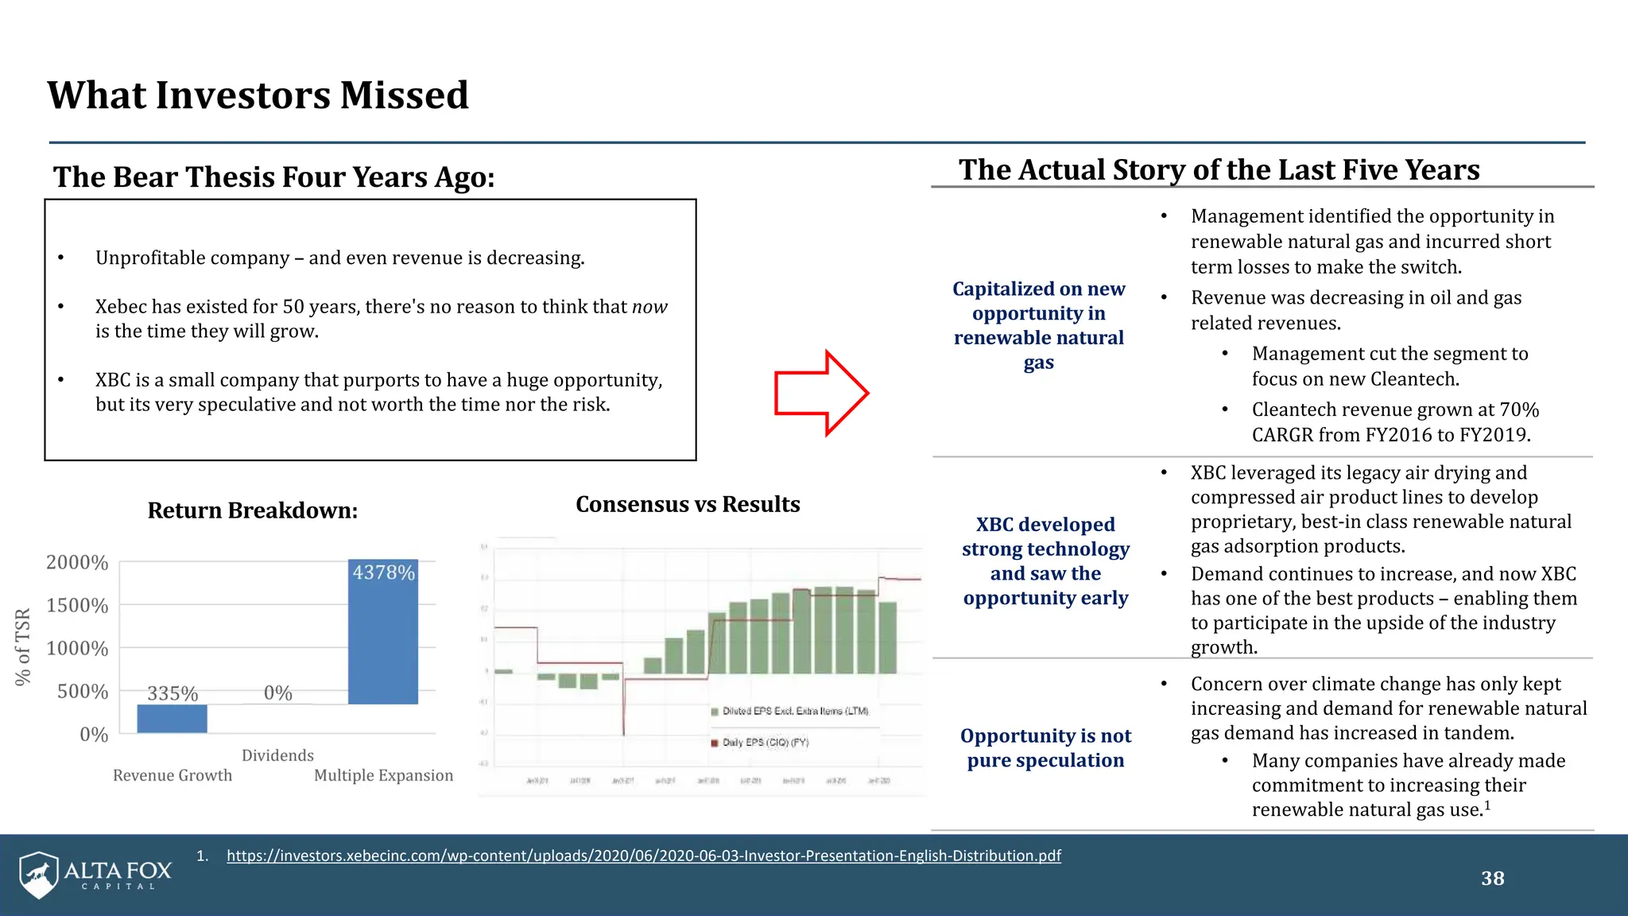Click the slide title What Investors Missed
(x=258, y=95)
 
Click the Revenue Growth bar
(x=172, y=718)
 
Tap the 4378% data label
(x=383, y=572)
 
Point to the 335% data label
(x=172, y=693)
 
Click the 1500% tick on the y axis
(x=77, y=606)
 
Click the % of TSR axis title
(x=23, y=646)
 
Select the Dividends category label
(x=277, y=755)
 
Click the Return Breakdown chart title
(x=253, y=510)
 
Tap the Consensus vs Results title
(x=688, y=504)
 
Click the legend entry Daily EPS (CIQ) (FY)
(x=765, y=743)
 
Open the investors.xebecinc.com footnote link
(x=643, y=856)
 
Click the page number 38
(x=1492, y=879)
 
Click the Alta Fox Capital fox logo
(x=39, y=875)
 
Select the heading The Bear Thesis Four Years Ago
(x=273, y=177)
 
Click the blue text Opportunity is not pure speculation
(x=1045, y=748)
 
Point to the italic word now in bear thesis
(x=649, y=307)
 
